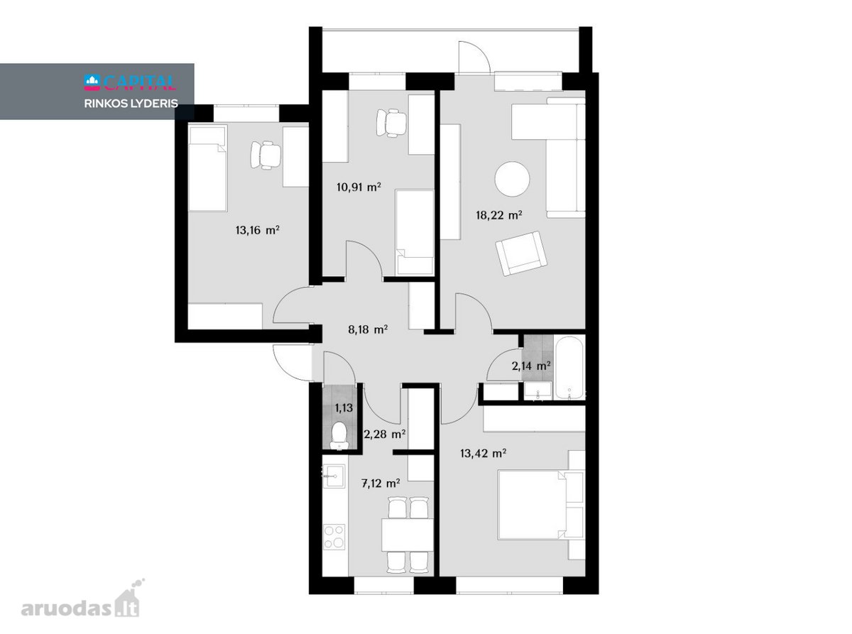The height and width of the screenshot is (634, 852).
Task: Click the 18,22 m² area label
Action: click(498, 215)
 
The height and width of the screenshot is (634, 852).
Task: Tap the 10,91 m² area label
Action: click(359, 187)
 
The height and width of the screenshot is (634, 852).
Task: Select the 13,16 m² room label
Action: click(257, 230)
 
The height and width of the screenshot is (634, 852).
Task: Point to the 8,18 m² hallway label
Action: click(368, 329)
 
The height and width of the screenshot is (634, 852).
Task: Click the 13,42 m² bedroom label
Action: click(483, 454)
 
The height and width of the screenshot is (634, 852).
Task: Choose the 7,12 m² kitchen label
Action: click(381, 483)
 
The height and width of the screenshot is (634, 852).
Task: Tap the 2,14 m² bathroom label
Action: click(531, 366)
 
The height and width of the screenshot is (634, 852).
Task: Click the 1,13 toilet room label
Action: click(344, 408)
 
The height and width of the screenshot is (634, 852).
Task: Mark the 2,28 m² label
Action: click(385, 434)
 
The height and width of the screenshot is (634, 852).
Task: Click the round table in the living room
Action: click(512, 179)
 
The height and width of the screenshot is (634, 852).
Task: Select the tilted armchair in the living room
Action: click(521, 253)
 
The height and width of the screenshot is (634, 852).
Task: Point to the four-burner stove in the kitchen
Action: click(334, 537)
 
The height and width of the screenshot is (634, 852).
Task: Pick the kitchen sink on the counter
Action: click(334, 476)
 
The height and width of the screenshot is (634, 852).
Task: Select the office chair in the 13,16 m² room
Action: click(266, 155)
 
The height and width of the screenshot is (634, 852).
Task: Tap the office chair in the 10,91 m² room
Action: click(391, 123)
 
